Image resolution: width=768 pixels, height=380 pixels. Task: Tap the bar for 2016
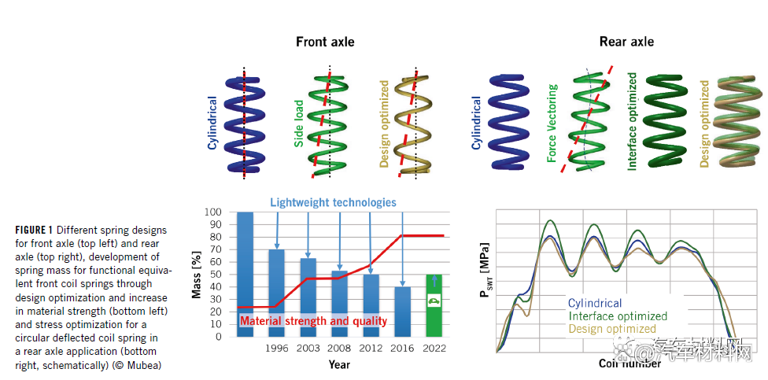click(402, 312)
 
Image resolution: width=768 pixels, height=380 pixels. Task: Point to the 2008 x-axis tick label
click(340, 348)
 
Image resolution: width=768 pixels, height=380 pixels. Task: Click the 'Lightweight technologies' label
click(333, 203)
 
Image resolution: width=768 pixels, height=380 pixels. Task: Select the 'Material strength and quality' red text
click(313, 321)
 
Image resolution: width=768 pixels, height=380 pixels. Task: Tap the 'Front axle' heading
click(325, 42)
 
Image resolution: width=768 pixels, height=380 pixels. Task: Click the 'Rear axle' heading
click(626, 42)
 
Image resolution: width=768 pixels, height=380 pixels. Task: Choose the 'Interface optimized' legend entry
click(617, 316)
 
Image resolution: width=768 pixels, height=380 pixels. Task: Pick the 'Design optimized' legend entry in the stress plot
click(611, 329)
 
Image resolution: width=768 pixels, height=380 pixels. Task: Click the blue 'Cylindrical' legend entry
click(594, 304)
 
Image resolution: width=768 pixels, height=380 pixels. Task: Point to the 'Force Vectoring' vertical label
click(552, 124)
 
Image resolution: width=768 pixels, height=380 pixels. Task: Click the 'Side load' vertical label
click(299, 123)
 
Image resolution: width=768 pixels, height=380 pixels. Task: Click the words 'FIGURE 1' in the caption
click(33, 230)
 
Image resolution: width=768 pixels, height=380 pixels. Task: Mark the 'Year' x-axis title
click(339, 365)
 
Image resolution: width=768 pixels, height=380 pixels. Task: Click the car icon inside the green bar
click(434, 301)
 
